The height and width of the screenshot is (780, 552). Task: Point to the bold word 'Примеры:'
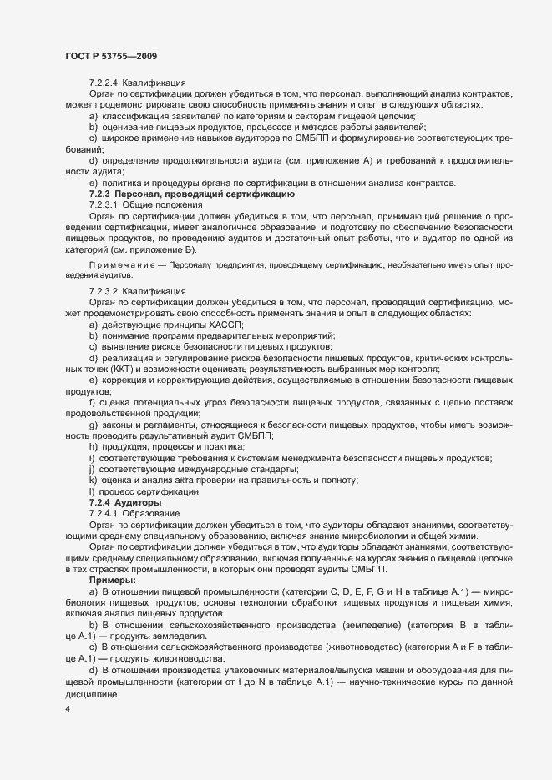click(x=112, y=578)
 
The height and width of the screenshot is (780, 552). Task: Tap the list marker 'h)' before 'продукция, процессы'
click(x=92, y=446)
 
